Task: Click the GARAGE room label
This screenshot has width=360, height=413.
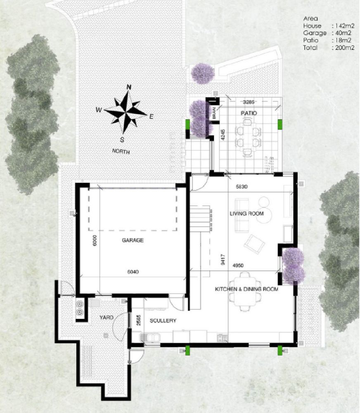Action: coord(133,240)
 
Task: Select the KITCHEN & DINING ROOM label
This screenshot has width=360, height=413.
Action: coord(246,290)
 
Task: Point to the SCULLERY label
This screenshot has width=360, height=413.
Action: coord(163,320)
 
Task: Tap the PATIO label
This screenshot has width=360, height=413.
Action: coord(249,113)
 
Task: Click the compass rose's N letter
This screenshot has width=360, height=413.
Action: coord(128,87)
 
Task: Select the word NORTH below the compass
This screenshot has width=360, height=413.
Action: coord(121,152)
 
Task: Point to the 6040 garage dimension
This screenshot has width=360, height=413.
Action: coord(133,272)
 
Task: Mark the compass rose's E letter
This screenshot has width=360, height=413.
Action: coord(151,117)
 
